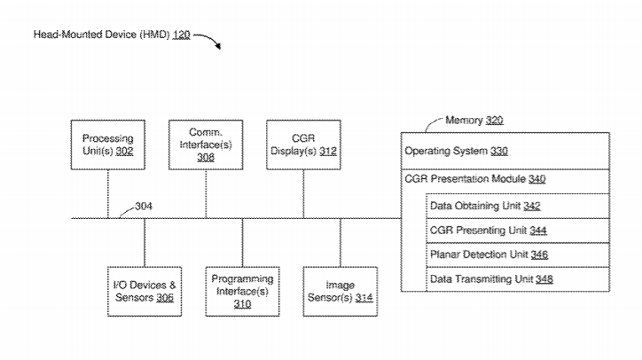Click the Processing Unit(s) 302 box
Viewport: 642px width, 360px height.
coord(107,145)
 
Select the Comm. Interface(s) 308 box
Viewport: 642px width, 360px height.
coord(206,145)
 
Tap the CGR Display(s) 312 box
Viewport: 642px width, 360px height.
coord(303,145)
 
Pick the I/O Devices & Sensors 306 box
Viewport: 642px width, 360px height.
coord(145,291)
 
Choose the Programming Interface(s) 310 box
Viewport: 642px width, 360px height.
coord(242,291)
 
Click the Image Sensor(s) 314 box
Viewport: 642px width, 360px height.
coord(341,291)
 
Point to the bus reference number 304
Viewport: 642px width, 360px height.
coord(144,206)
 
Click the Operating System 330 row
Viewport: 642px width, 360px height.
coord(505,151)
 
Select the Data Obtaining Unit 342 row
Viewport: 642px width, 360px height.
coord(518,206)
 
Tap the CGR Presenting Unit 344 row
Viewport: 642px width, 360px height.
coord(518,231)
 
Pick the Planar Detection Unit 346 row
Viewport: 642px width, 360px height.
coord(518,255)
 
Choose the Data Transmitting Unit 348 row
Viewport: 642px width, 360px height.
coord(518,279)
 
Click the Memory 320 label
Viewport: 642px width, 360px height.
coord(474,120)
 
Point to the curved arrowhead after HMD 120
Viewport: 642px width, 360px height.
coord(218,45)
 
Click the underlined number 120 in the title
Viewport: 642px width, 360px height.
coord(182,35)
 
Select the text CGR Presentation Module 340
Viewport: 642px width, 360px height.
coord(475,179)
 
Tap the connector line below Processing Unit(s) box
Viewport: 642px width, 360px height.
coord(108,194)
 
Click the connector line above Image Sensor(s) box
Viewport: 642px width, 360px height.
coord(341,242)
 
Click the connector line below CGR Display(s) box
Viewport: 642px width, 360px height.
coord(303,194)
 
